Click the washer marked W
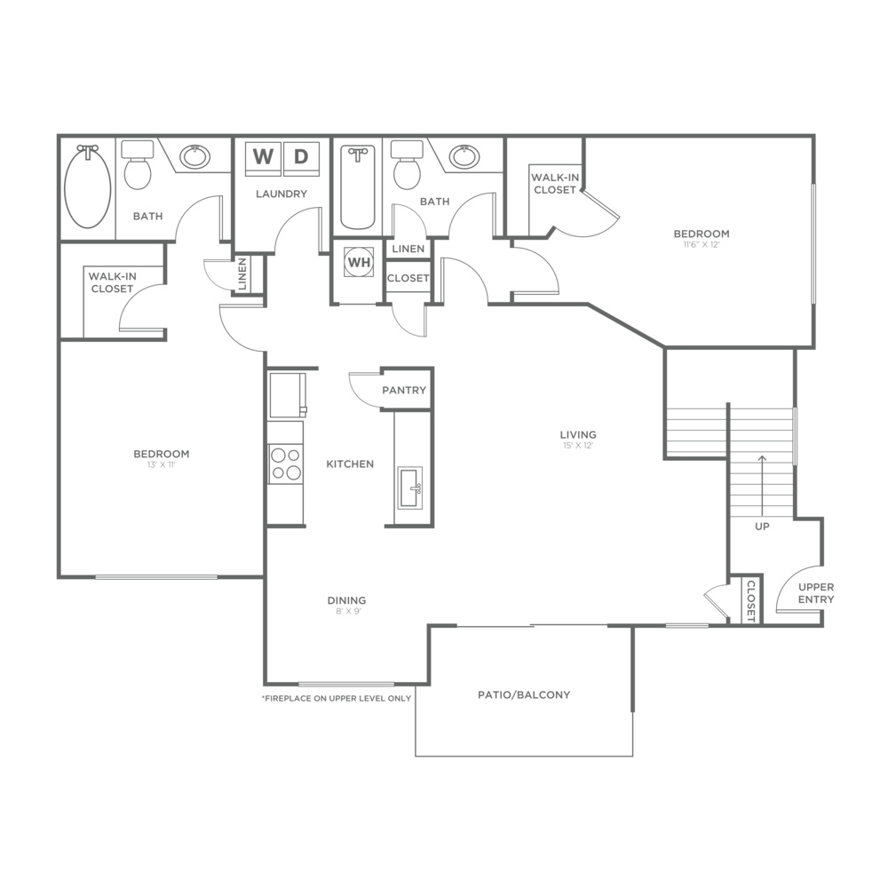263,158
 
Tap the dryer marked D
301,158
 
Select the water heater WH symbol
359,262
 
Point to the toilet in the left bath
138,165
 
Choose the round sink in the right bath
464,157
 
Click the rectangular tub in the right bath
358,187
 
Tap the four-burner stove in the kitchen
285,464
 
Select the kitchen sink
409,487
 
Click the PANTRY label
404,390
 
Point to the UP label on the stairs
762,526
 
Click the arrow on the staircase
762,485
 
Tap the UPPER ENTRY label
816,593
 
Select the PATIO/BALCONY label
524,695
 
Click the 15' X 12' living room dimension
578,446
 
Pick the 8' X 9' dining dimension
346,611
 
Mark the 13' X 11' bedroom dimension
162,465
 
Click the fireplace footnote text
337,698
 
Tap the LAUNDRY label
281,194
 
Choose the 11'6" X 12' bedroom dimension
702,245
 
